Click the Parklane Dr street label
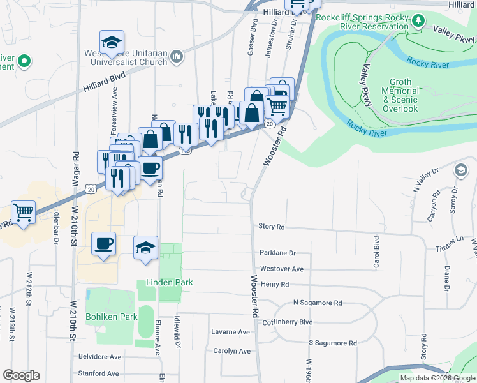point(277,253)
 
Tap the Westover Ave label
point(281,269)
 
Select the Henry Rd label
point(275,284)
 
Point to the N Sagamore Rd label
point(318,303)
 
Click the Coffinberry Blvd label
point(287,322)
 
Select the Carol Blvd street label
point(376,252)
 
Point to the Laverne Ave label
point(231,332)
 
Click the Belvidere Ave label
point(99,357)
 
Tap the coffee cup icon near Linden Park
point(103,244)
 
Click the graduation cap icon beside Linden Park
point(146,247)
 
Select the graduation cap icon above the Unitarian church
point(112,43)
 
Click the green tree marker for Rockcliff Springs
point(418,20)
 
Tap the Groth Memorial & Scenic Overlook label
point(400,96)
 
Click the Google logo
point(21,375)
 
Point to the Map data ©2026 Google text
point(437,378)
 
